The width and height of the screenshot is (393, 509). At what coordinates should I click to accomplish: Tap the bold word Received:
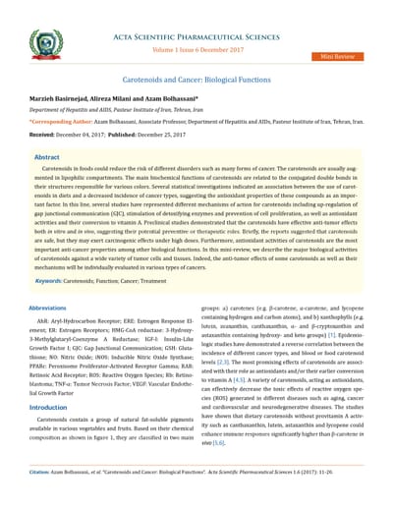click(x=41, y=133)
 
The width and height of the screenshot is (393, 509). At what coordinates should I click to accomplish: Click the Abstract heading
click(x=46, y=156)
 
